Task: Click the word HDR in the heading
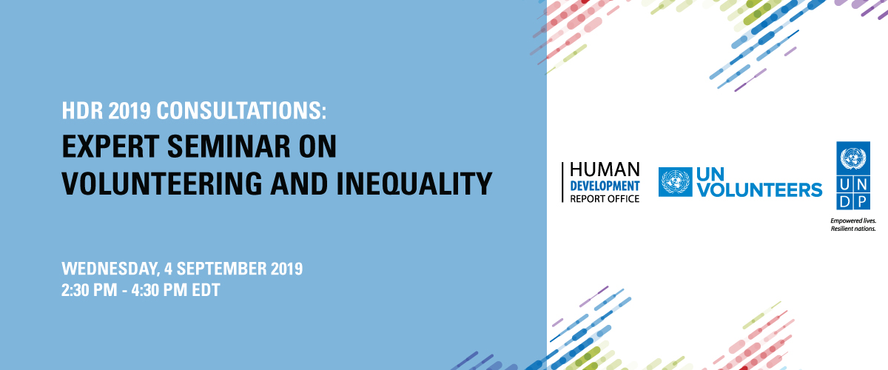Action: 82,110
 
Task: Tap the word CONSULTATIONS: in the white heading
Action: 241,110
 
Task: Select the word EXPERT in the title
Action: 110,147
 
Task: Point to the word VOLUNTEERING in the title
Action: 162,184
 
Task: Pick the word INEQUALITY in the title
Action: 414,184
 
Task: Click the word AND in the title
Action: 299,184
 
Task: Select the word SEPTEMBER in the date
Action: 221,269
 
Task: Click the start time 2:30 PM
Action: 90,290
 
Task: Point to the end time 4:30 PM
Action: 159,290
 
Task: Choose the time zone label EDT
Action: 206,290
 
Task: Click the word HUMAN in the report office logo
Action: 605,169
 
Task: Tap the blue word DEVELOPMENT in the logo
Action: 605,186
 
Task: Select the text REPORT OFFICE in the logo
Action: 605,198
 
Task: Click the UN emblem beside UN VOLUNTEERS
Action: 676,182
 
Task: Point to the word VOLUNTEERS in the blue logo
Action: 759,190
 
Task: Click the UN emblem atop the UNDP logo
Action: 853,158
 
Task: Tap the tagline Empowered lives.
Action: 853,221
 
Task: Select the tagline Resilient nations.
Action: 853,229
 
